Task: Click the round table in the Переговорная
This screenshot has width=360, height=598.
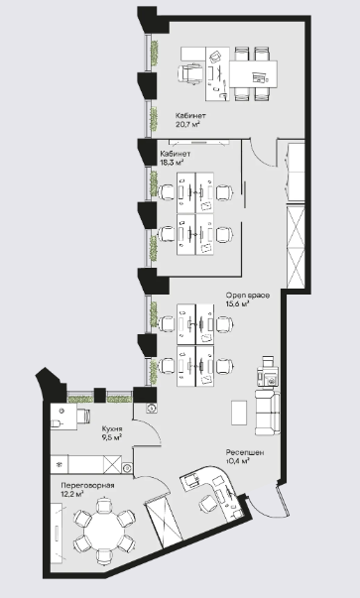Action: tap(104, 531)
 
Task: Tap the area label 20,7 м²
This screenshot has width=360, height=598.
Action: tap(188, 124)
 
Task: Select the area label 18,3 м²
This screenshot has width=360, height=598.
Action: tap(172, 162)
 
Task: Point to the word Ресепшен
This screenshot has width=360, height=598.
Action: tap(245, 452)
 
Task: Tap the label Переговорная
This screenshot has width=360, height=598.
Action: tap(87, 486)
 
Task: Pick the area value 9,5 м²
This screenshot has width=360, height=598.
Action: tap(112, 437)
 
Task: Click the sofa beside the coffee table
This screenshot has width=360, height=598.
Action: tap(268, 413)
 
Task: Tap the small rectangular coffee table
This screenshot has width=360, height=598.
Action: tap(239, 413)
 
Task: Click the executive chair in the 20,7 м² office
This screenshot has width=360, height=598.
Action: tap(189, 72)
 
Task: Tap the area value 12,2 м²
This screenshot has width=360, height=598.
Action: tap(72, 494)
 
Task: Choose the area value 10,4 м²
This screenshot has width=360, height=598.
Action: tap(238, 461)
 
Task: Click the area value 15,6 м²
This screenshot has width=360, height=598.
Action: tap(238, 303)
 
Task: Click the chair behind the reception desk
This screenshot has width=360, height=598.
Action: tap(207, 504)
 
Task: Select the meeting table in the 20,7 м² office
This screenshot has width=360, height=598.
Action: tap(253, 73)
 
